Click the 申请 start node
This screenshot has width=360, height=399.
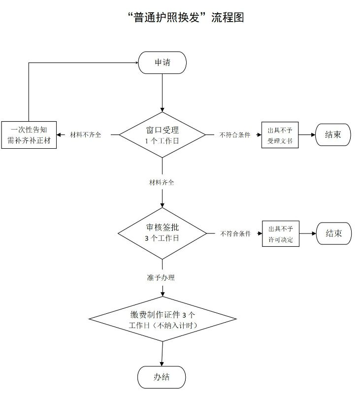163,63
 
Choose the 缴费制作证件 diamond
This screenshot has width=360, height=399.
163,320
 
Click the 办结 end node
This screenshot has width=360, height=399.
162,377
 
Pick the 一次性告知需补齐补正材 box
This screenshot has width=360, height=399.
29,135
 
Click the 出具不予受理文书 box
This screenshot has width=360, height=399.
280,135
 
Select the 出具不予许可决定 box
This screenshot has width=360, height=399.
280,233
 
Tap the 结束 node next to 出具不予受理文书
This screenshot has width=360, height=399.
333,134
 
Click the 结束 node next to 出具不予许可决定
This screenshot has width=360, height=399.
333,233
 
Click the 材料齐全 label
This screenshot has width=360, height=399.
162,182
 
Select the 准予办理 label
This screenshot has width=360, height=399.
161,278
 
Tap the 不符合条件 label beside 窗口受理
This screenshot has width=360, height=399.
235,135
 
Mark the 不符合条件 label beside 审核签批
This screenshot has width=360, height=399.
235,233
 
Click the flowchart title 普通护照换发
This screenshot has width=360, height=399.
185,18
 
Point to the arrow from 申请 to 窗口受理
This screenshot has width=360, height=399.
163,94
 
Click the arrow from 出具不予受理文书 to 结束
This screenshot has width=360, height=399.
307,134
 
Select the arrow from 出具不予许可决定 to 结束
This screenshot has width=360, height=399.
307,233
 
